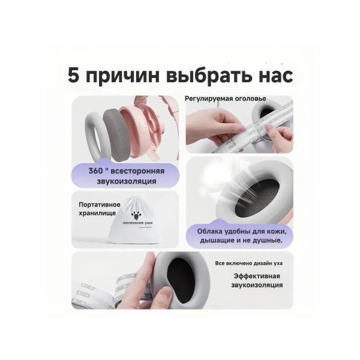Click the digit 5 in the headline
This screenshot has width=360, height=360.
coord(74,75)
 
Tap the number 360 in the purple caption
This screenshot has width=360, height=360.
coord(96,171)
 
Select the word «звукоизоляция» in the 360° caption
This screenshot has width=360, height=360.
coord(127,181)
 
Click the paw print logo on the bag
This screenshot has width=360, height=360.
coord(136,215)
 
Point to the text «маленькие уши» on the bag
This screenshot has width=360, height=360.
coord(137,223)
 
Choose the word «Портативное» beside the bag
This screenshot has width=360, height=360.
coord(100,205)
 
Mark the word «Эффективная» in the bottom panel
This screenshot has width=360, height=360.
coord(257,276)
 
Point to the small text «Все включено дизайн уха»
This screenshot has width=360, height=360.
coord(249,263)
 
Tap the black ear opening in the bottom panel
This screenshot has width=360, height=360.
coord(181,280)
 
